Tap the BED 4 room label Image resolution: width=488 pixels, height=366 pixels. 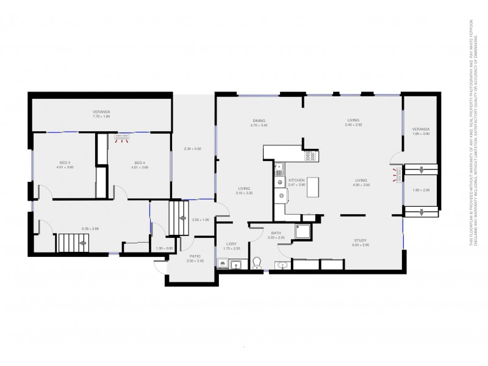point(140,162)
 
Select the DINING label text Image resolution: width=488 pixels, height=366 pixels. point(259,120)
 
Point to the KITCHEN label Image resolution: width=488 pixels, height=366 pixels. point(296,181)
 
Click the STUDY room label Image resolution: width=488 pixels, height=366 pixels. point(360,240)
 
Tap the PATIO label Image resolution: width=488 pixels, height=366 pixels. point(195,256)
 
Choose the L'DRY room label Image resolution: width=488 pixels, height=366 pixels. point(231,243)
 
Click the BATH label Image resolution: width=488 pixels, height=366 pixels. point(275,232)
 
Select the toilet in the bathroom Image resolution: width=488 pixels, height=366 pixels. point(257,263)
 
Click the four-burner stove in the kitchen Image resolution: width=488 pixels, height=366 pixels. point(310,155)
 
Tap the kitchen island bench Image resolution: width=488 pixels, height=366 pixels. point(314,187)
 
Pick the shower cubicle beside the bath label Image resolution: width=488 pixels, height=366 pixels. point(303,230)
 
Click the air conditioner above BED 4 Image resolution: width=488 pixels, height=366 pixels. point(123,137)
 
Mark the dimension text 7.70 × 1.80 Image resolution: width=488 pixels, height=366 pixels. point(101,117)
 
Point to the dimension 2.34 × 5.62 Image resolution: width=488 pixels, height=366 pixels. point(193,149)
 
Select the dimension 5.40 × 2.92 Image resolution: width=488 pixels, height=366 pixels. point(354,125)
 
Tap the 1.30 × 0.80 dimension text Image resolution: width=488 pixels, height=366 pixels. point(165,248)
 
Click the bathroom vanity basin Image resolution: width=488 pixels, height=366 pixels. point(282,265)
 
